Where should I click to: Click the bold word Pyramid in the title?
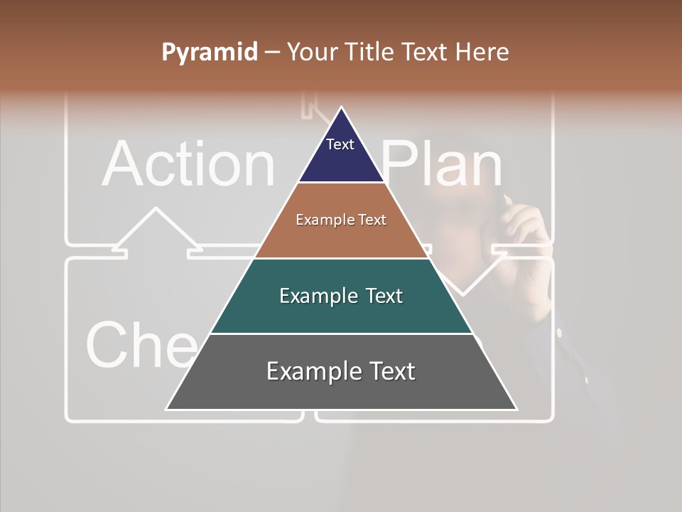coord(210,53)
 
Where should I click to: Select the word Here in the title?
coord(482,52)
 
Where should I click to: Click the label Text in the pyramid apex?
coord(340,144)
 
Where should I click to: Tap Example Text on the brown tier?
coord(341,220)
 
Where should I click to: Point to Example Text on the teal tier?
coord(341,296)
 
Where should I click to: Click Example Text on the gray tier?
coord(341,371)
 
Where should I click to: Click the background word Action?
coord(188,164)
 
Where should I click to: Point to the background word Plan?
coord(443,164)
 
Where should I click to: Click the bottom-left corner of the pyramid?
coord(167,409)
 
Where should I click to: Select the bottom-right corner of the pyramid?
coord(516,409)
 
